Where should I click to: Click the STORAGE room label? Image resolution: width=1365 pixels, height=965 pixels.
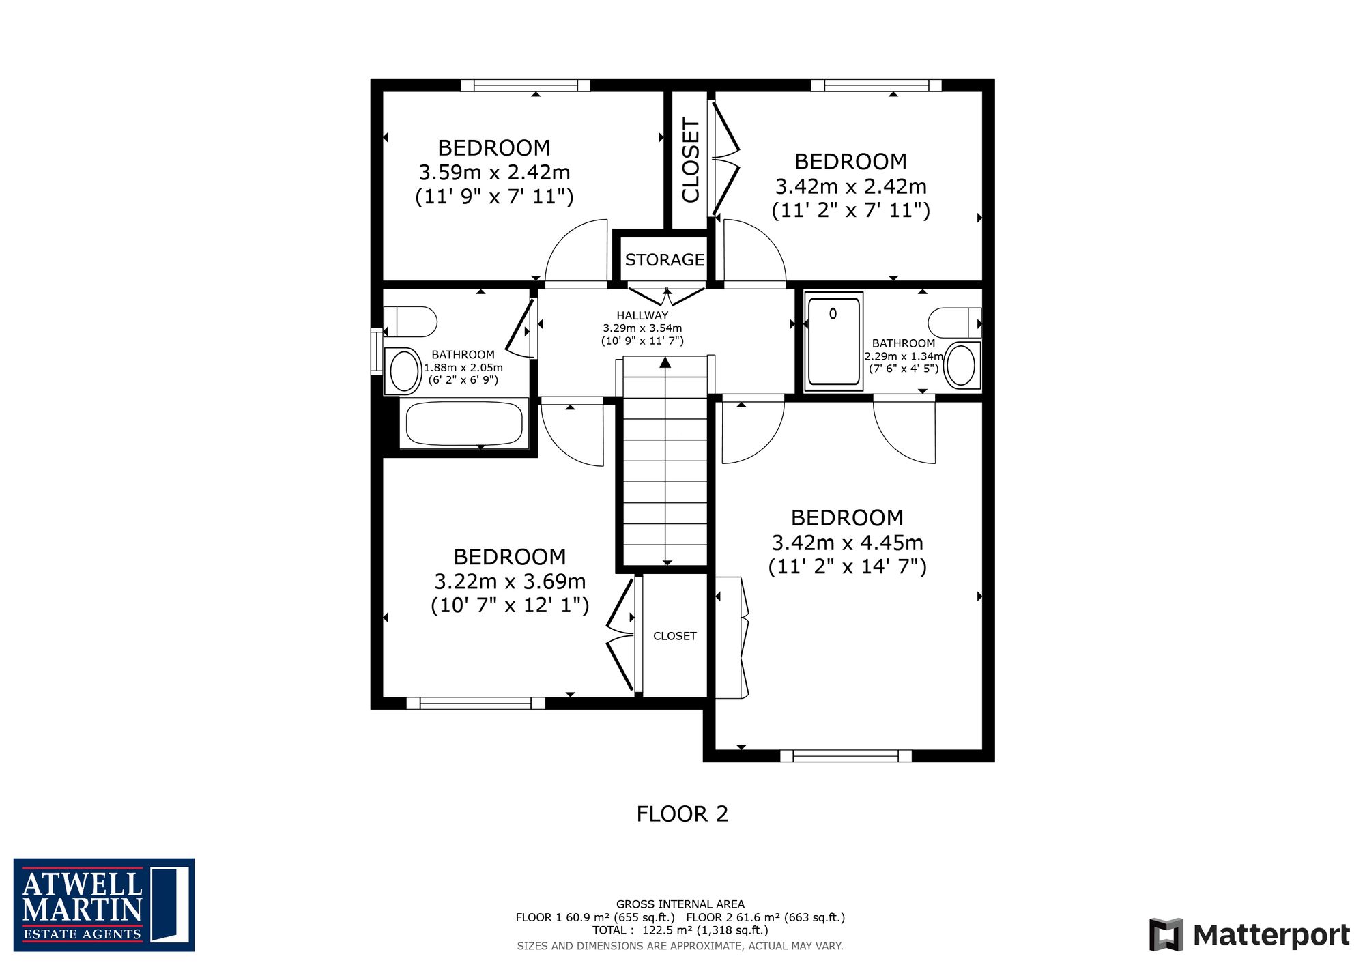click(665, 260)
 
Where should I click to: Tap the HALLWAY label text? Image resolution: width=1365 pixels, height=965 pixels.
click(642, 315)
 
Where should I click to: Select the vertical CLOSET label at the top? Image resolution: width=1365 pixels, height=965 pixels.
click(691, 160)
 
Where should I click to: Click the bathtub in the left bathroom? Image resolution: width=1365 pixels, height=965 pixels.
click(464, 423)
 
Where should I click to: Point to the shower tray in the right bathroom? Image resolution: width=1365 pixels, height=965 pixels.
click(833, 341)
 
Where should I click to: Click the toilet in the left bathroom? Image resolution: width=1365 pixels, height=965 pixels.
click(410, 322)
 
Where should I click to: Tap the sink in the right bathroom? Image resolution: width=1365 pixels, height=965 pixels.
click(962, 365)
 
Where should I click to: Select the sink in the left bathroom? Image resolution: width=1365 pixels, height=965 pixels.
click(403, 371)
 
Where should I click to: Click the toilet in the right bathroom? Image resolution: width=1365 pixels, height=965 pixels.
click(955, 322)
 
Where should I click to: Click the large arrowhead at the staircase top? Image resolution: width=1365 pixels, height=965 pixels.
click(665, 362)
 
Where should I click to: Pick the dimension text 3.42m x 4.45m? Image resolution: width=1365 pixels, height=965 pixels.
click(848, 543)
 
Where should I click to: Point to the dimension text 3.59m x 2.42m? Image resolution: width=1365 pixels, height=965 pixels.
click(494, 172)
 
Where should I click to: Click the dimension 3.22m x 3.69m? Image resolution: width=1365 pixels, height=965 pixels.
click(510, 581)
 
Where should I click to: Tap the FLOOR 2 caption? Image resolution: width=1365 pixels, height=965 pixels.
click(682, 813)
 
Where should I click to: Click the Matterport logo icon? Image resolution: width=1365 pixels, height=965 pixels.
click(1166, 934)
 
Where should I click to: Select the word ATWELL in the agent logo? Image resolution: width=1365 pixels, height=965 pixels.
click(82, 884)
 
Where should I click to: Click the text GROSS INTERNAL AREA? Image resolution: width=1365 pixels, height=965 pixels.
click(680, 904)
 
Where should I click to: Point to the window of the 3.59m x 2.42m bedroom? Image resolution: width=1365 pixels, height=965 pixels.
click(526, 85)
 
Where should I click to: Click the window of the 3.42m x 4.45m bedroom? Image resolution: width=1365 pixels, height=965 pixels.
click(846, 755)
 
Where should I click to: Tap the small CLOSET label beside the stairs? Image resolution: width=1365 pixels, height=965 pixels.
click(675, 636)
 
